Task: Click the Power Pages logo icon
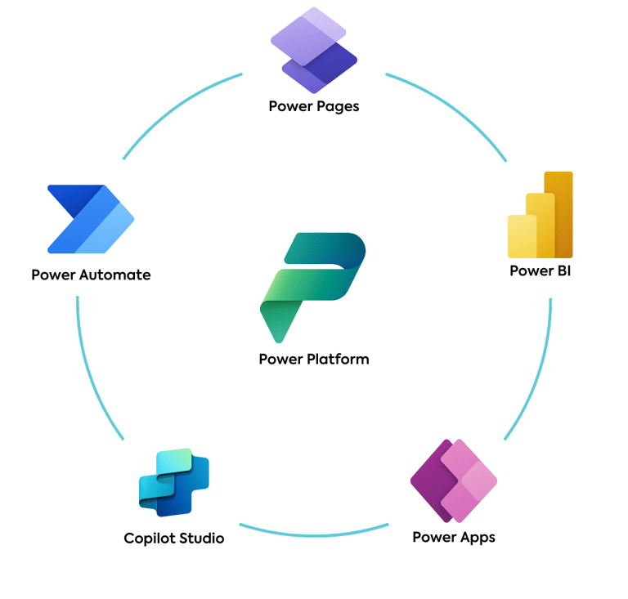click(x=314, y=50)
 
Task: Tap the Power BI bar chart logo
click(x=540, y=215)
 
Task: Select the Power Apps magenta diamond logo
click(x=454, y=481)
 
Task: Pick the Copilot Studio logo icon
click(x=174, y=482)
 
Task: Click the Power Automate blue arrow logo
click(x=91, y=219)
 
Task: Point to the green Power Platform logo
click(x=313, y=288)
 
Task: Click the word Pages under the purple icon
click(x=338, y=107)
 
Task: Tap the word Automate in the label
click(x=115, y=275)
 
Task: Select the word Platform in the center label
click(x=338, y=359)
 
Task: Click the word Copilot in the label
click(x=150, y=539)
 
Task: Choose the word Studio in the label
click(x=201, y=539)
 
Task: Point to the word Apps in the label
click(x=478, y=538)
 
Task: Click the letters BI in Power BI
click(x=564, y=270)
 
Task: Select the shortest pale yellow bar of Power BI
click(x=523, y=236)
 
